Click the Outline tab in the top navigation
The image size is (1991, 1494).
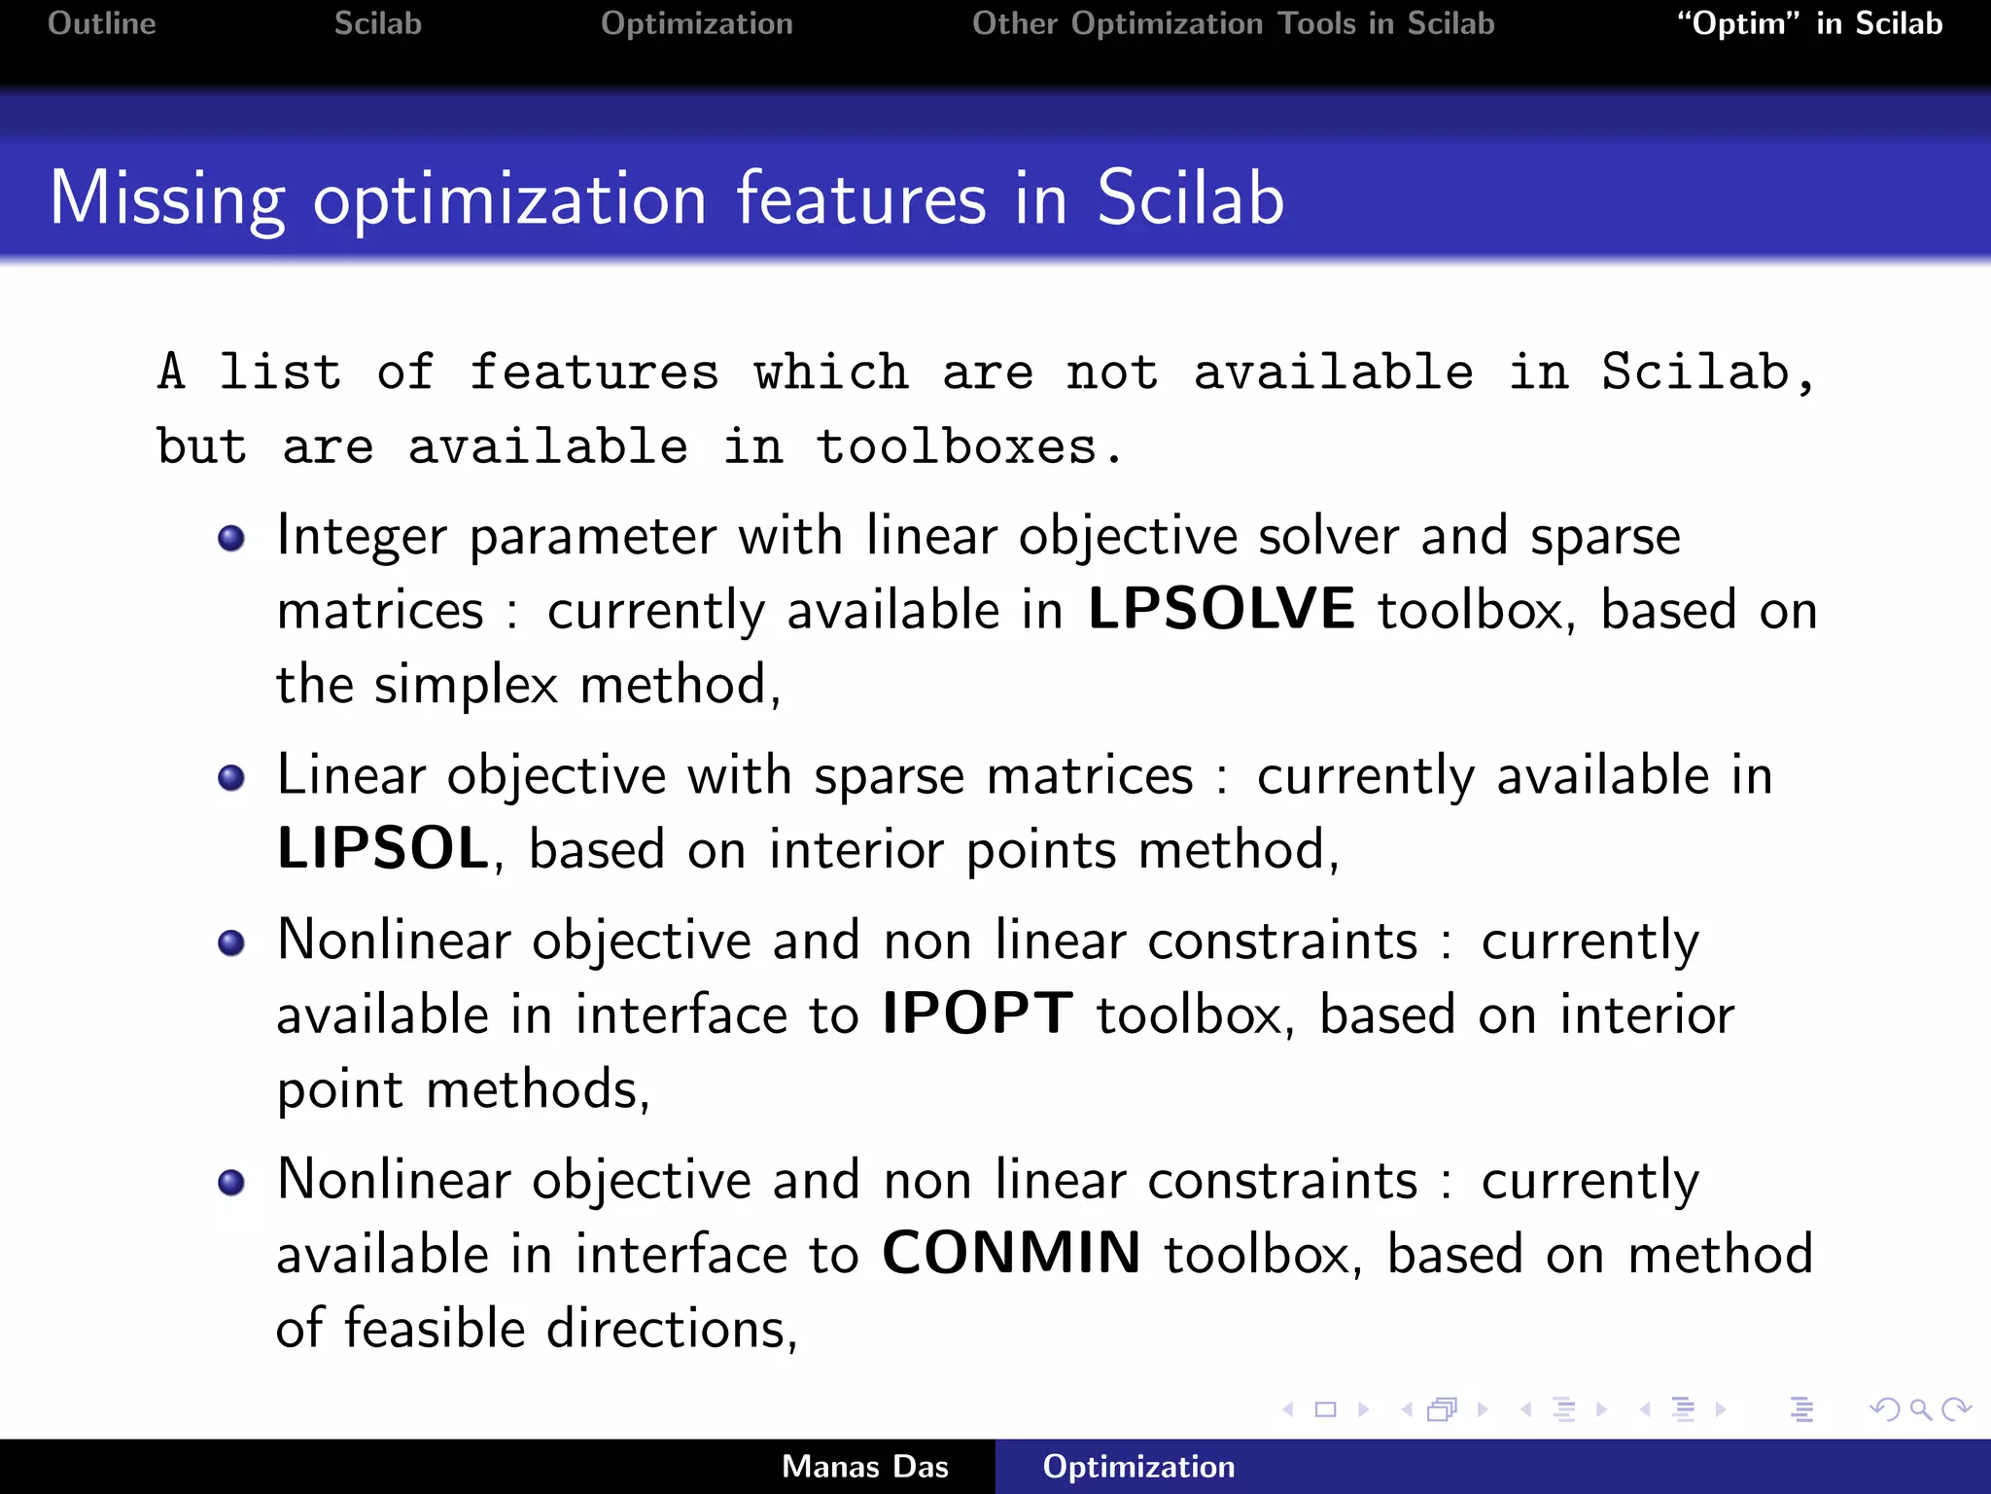click(101, 23)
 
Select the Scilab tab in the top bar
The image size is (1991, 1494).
click(377, 23)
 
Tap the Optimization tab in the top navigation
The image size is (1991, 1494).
click(696, 23)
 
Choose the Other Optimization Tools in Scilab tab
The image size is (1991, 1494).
click(1233, 23)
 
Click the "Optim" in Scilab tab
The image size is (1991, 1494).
click(1809, 23)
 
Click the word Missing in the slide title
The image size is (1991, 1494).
click(167, 199)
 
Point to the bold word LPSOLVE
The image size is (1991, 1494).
click(1220, 610)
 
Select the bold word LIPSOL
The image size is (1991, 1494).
click(383, 849)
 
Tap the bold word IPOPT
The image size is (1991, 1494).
click(977, 1014)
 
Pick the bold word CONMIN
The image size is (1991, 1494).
click(1011, 1254)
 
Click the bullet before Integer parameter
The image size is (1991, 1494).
click(231, 538)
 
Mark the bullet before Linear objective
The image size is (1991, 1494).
click(231, 777)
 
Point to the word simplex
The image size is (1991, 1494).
click(466, 685)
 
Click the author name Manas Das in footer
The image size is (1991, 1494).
click(864, 1467)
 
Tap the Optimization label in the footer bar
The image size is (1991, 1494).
click(1138, 1467)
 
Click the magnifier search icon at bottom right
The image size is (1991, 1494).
click(1919, 1409)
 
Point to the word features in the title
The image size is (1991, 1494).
click(860, 199)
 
